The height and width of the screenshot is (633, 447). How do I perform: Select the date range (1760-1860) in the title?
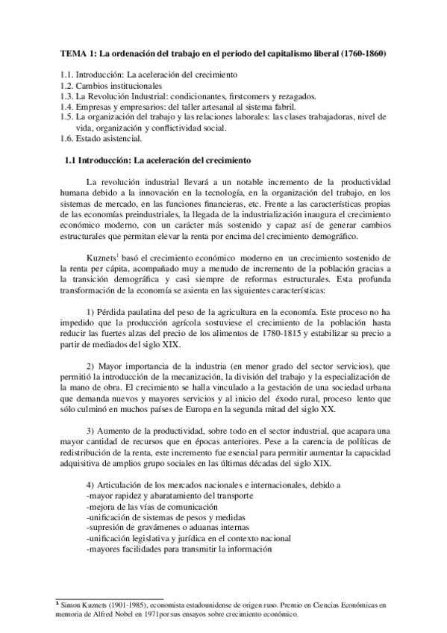point(363,54)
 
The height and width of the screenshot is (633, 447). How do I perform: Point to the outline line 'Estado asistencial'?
point(115,138)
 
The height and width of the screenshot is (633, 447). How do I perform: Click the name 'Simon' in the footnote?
point(73,604)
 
